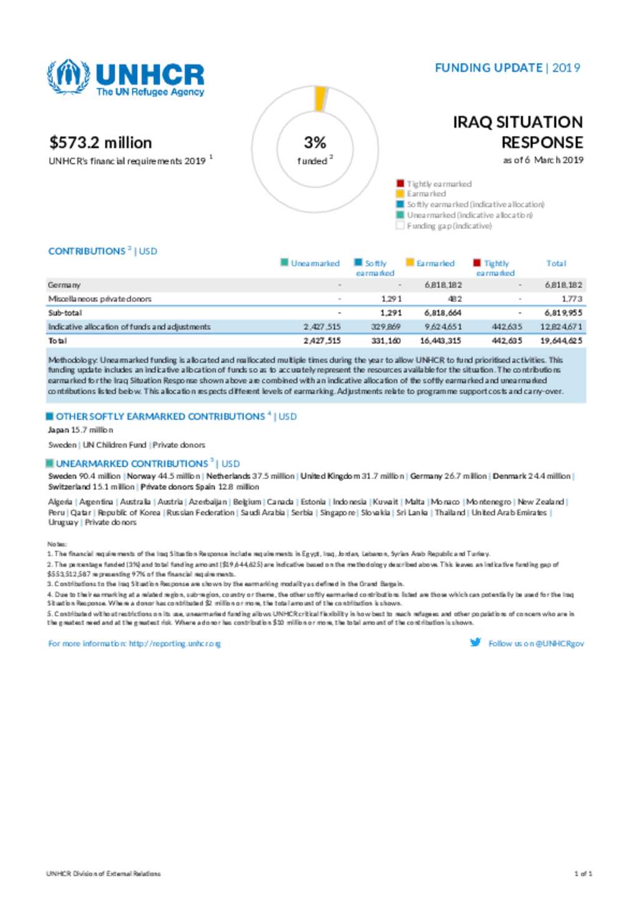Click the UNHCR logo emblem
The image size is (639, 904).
tap(68, 77)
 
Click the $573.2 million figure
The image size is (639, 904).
tap(100, 143)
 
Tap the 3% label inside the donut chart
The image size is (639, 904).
tap(315, 143)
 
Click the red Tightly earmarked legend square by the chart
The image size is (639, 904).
tap(400, 183)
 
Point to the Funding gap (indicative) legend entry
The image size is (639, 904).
tap(449, 226)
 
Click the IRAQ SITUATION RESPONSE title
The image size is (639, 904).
tap(518, 132)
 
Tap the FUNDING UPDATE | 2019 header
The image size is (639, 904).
tap(507, 68)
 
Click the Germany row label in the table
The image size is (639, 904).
tap(64, 285)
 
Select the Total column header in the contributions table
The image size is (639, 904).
tap(556, 263)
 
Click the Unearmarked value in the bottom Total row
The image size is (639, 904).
tap(322, 341)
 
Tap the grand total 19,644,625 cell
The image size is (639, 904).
tap(562, 341)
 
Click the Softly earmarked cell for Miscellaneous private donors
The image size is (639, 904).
tap(391, 299)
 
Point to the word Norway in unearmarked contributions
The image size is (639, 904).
tap(141, 476)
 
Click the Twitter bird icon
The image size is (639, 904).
tap(476, 643)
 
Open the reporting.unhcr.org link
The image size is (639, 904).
tap(175, 643)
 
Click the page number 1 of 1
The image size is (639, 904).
tap(583, 873)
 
